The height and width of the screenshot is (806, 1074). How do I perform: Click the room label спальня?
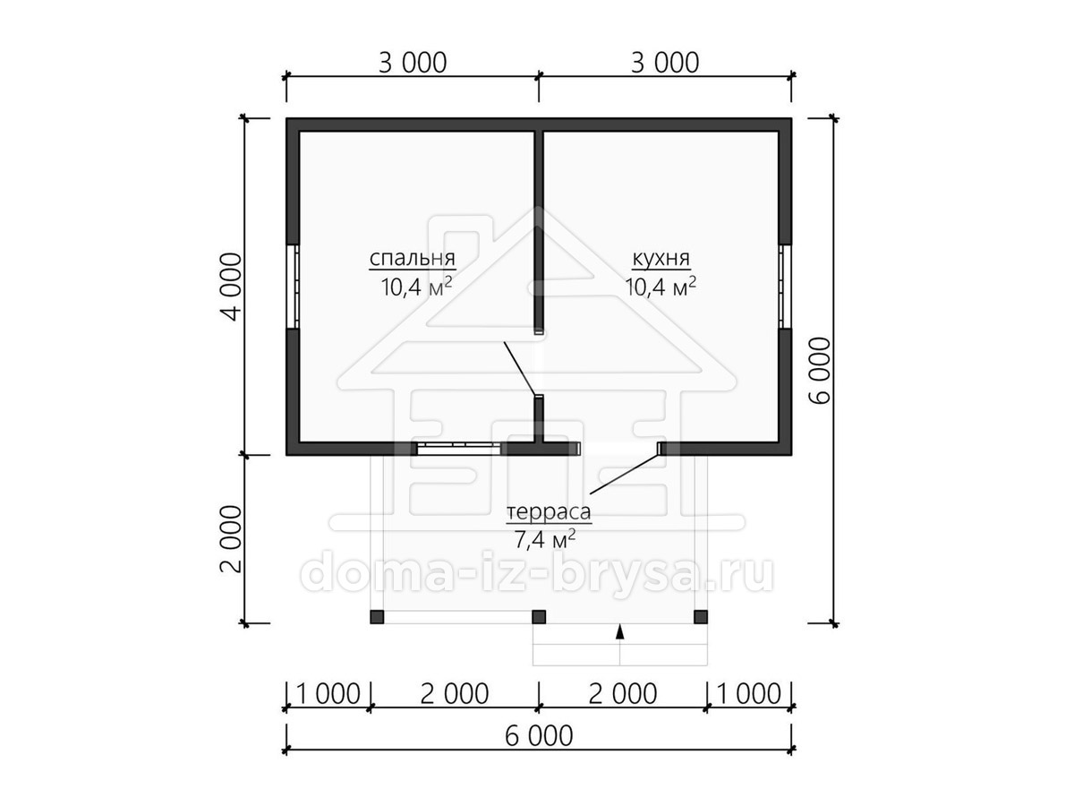tap(412, 259)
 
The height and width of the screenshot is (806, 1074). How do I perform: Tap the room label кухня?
tap(661, 258)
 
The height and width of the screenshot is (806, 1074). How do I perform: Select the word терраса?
tap(549, 512)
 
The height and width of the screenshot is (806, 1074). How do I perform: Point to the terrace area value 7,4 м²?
tap(544, 540)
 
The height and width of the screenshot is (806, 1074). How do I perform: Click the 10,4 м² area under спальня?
tap(416, 287)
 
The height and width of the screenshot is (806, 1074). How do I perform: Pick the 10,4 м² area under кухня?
tap(661, 287)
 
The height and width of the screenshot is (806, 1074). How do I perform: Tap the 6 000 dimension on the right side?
tap(821, 371)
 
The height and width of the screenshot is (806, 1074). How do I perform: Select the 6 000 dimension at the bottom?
tap(539, 736)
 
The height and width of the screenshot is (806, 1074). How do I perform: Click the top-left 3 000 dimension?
tap(413, 63)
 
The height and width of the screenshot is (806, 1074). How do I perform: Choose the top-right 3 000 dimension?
tap(665, 63)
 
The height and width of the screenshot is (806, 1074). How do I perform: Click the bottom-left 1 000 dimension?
tap(328, 694)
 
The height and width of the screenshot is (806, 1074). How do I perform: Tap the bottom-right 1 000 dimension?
tap(748, 694)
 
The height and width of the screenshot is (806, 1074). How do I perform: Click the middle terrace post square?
tap(539, 617)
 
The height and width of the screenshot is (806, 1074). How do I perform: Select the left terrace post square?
tap(377, 617)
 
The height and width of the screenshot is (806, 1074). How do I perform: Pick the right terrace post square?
tap(701, 617)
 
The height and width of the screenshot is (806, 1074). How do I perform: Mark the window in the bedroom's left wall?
tap(295, 286)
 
